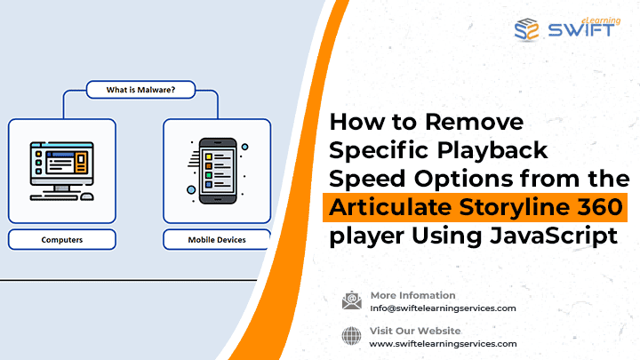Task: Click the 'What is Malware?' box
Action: pos(140,90)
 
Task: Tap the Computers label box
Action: pos(62,240)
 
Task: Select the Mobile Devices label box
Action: pos(217,240)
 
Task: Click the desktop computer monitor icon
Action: pos(61,166)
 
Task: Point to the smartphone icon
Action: pos(218,171)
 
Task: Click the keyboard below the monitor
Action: pos(54,197)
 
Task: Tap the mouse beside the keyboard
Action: pos(87,196)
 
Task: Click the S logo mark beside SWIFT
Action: pos(526,29)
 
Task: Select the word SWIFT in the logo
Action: pos(580,30)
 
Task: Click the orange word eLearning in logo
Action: pos(601,20)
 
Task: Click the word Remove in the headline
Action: pos(475,122)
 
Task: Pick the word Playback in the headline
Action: pos(492,151)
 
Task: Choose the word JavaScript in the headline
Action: pos(554,236)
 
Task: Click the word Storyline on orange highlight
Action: pos(515,208)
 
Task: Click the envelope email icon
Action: pos(352,300)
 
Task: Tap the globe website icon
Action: pos(351,336)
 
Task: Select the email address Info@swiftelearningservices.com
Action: pos(443,308)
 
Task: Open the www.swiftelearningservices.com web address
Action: pos(443,344)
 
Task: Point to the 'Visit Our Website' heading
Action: pos(415,331)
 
